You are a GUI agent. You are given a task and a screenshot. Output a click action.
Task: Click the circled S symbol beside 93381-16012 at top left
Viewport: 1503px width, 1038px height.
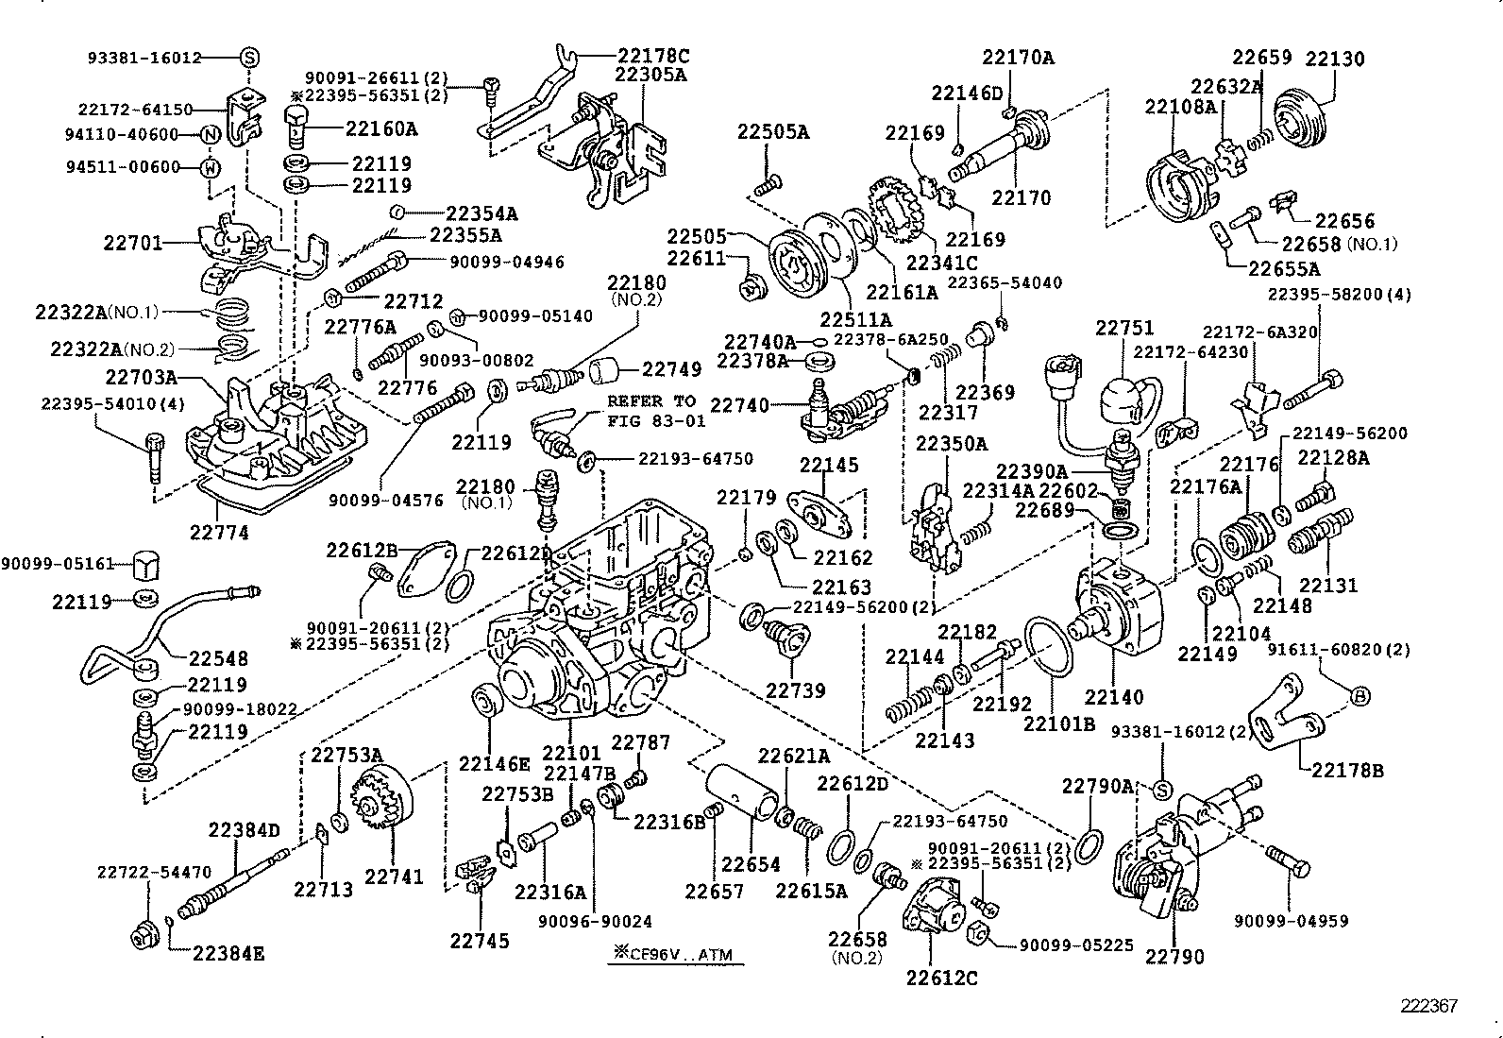pyautogui.click(x=249, y=58)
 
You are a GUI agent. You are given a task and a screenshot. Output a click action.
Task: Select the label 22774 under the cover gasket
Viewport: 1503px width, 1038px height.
pyautogui.click(x=220, y=533)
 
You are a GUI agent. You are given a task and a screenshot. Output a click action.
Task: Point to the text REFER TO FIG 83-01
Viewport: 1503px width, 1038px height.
pyautogui.click(x=650, y=410)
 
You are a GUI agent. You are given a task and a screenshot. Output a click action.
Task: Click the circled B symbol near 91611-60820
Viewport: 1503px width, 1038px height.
pyautogui.click(x=1360, y=696)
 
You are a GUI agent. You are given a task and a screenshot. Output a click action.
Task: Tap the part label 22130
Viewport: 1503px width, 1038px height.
pyautogui.click(x=1335, y=59)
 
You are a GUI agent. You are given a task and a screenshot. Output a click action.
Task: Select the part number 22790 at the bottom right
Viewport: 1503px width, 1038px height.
pyautogui.click(x=1174, y=957)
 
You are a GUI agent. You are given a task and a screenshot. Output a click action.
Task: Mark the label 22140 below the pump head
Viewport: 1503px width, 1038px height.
pyautogui.click(x=1113, y=697)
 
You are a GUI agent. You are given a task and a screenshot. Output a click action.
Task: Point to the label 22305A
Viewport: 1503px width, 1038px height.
pyautogui.click(x=651, y=76)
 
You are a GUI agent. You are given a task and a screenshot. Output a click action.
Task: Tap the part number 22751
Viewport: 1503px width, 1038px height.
pyautogui.click(x=1124, y=328)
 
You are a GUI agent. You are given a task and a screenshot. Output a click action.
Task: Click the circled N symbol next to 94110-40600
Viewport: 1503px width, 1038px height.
pyautogui.click(x=211, y=135)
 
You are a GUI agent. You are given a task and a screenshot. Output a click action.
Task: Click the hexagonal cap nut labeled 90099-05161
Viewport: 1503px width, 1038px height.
pyautogui.click(x=144, y=565)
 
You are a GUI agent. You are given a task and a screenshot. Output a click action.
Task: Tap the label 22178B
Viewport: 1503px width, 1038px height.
pyautogui.click(x=1347, y=770)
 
